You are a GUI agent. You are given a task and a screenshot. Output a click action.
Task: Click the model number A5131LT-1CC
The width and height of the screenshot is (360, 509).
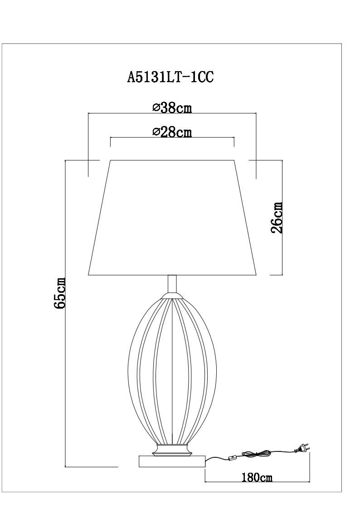170,77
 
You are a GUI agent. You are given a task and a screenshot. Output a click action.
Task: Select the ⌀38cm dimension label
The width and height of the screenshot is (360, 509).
172,108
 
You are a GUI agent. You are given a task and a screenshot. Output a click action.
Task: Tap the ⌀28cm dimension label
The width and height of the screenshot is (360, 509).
172,132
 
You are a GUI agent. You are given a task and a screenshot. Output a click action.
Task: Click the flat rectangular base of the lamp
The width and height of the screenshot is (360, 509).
172,461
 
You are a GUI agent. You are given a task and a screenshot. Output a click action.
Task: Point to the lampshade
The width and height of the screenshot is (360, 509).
172,218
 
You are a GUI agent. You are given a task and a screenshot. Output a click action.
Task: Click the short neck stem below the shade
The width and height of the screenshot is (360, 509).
172,284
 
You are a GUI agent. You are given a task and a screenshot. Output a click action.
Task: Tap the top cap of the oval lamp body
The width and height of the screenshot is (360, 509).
172,297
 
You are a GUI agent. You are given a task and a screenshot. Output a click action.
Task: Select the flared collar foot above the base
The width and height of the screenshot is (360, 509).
172,451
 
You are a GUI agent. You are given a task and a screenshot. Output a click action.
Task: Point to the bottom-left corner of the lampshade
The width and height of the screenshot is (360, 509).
89,275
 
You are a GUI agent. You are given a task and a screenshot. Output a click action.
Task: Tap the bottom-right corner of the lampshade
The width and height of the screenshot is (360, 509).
256,275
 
